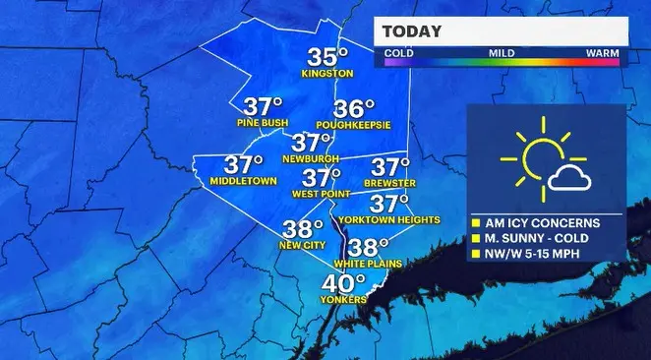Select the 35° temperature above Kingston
click(329, 57)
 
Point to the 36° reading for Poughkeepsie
click(356, 109)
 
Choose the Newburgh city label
click(312, 157)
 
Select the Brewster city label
click(390, 184)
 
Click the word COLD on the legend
click(398, 51)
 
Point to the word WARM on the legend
click(601, 51)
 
